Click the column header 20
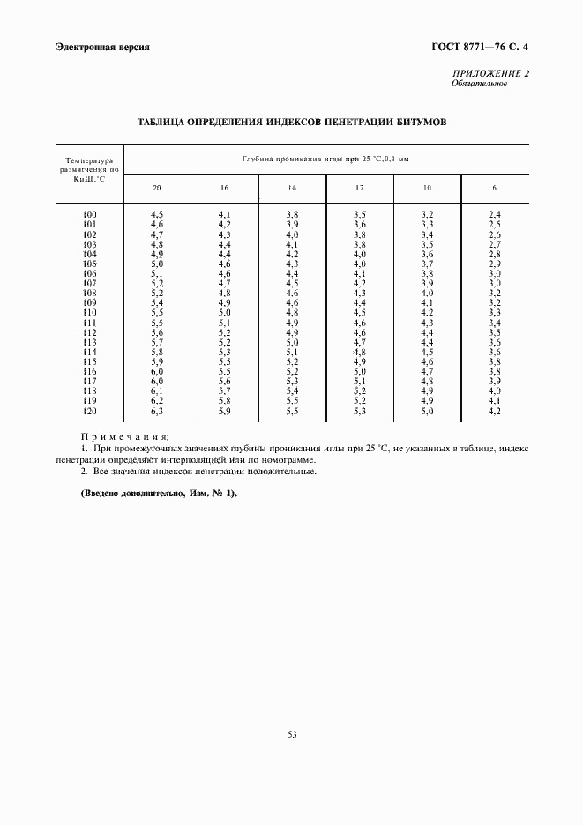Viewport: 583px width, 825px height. point(157,188)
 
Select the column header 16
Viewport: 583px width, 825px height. point(224,188)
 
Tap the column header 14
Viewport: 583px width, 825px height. point(292,188)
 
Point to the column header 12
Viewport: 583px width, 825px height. point(359,188)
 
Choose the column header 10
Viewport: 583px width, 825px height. point(427,188)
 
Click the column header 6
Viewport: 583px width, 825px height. point(495,188)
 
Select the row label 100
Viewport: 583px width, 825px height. point(89,214)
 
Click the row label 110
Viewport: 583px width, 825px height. point(89,313)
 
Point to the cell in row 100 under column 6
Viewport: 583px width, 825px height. point(495,214)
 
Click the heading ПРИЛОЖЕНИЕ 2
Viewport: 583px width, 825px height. point(490,73)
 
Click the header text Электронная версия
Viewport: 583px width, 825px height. point(101,46)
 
